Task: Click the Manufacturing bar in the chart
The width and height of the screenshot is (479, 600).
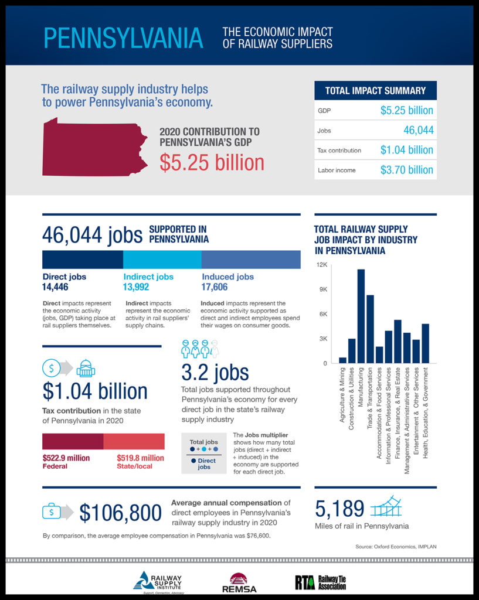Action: coord(361,316)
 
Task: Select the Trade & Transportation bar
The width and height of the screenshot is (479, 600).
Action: coord(370,329)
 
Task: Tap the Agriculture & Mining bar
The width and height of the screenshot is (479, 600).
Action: coord(343,360)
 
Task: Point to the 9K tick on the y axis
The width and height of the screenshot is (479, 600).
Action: coord(322,289)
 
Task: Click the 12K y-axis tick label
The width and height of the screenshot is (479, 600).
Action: coord(321,265)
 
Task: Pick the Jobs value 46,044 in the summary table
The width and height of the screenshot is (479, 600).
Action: coord(418,130)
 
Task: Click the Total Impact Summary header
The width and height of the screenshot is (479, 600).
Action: coord(375,91)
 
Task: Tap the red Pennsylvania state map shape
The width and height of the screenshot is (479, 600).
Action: coord(94,147)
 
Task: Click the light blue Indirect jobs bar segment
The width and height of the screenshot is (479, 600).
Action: coord(162,259)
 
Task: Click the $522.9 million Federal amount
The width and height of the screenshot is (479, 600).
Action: coord(66,458)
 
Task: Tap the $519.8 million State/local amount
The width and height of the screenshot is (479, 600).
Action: coord(141,458)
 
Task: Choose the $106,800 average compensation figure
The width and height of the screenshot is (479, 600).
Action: coord(120,513)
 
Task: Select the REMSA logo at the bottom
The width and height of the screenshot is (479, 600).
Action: coord(239,582)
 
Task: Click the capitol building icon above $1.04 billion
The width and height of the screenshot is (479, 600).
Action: coord(86,368)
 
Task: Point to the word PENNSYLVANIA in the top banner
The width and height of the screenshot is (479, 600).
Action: coord(124,37)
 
